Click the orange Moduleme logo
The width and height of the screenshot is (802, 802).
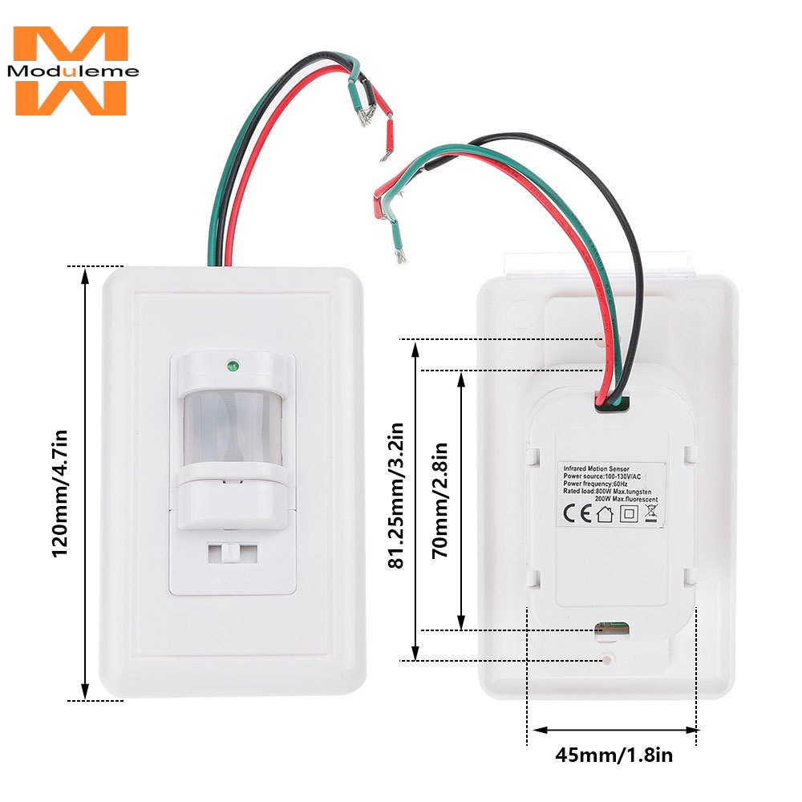[x=71, y=71]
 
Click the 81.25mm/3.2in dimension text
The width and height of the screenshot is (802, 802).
[x=395, y=498]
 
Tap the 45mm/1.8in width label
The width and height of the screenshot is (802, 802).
[x=614, y=755]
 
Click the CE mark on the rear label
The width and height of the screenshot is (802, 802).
[x=579, y=514]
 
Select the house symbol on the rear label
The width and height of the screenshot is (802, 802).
[x=604, y=514]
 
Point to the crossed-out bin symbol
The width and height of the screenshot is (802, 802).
[x=650, y=514]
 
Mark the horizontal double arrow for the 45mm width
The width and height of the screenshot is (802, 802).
[x=614, y=730]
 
